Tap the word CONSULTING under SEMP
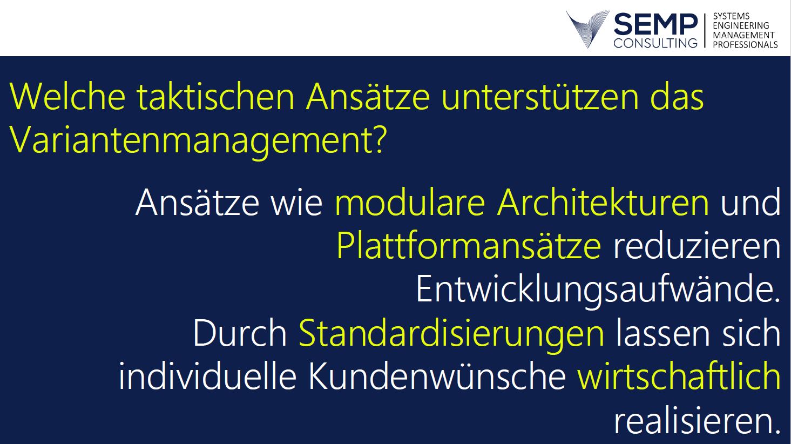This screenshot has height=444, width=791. click(x=655, y=43)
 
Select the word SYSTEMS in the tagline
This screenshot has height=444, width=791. click(x=731, y=16)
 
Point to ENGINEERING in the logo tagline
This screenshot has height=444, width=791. click(x=741, y=26)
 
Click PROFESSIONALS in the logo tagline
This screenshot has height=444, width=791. click(x=745, y=45)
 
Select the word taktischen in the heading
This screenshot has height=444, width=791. click(x=215, y=97)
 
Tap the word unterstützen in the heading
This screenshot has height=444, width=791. click(x=540, y=97)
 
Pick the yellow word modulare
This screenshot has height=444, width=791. click(x=410, y=203)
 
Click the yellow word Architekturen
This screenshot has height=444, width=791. click(x=603, y=203)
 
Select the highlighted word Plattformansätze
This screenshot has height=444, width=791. click(x=469, y=245)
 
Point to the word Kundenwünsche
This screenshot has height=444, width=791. click(x=437, y=376)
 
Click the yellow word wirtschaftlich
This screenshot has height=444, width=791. click(x=679, y=376)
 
